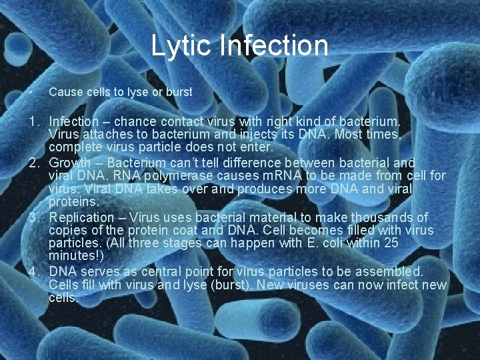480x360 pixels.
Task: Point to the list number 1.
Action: [x=33, y=122]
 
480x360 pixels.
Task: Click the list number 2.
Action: [x=33, y=163]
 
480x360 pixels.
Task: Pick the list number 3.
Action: [x=33, y=217]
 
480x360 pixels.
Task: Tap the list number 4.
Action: [x=33, y=272]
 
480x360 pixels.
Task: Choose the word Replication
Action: [x=81, y=217]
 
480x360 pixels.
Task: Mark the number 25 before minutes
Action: [x=391, y=243]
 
